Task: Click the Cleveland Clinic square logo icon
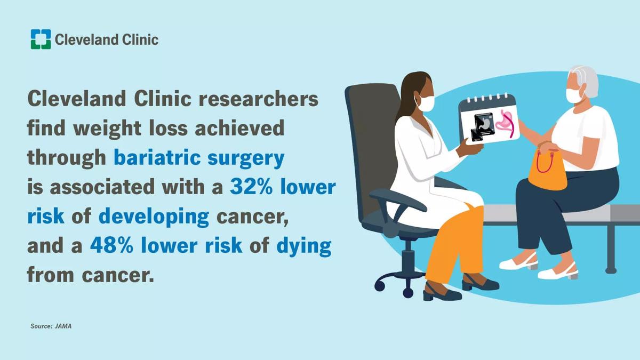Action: [41, 39]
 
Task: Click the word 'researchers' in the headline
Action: [259, 99]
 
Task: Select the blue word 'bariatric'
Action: [157, 157]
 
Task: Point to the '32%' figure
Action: [251, 187]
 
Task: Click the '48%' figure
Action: [111, 246]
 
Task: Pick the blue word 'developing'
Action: [154, 218]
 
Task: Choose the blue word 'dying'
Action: [303, 247]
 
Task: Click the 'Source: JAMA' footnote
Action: [51, 326]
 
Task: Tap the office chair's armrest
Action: [398, 201]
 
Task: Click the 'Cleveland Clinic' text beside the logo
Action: [107, 39]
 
